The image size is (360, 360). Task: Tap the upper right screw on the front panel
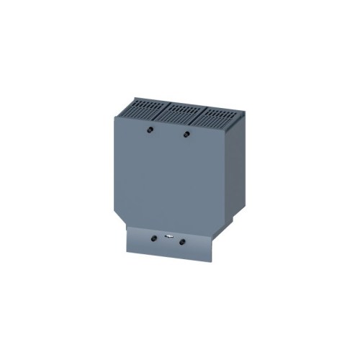(x=186, y=134)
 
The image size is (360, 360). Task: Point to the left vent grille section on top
(x=148, y=109)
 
